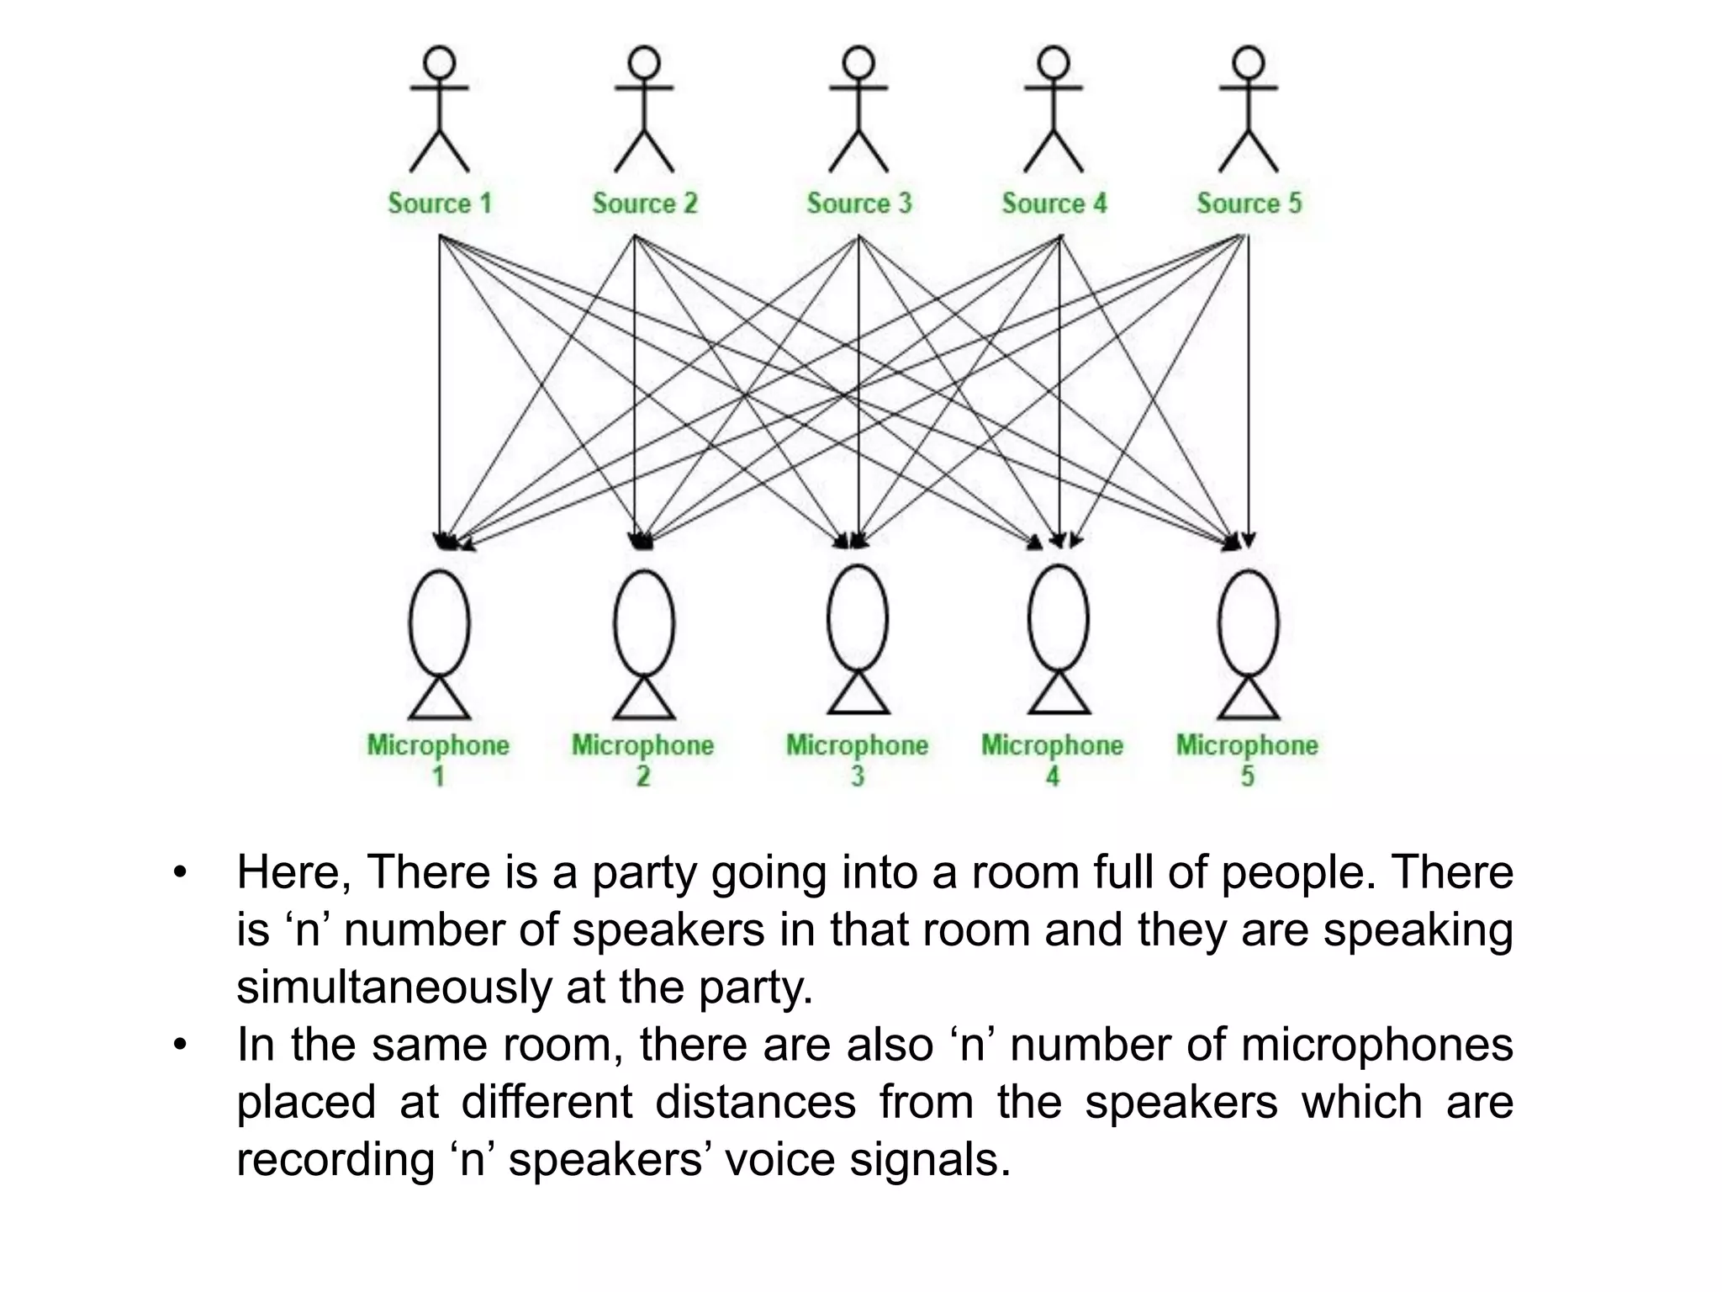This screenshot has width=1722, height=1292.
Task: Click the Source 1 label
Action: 439,203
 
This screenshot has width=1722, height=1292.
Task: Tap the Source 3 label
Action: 858,203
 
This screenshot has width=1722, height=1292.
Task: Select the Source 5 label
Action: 1249,203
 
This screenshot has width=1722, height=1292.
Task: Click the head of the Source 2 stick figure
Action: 644,62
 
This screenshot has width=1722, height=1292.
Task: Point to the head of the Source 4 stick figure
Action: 1053,62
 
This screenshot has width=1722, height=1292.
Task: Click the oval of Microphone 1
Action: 439,623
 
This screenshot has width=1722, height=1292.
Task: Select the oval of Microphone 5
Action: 1249,623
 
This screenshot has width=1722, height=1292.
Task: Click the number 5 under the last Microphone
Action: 1248,776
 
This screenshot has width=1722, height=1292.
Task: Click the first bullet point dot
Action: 178,873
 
